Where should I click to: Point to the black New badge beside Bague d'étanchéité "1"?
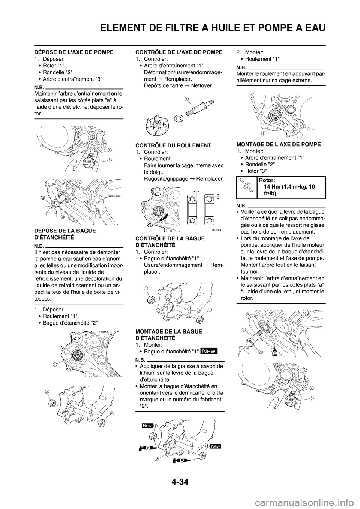point(209,351)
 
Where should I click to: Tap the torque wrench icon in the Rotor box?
point(246,186)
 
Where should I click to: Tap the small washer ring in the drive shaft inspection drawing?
point(179,119)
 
